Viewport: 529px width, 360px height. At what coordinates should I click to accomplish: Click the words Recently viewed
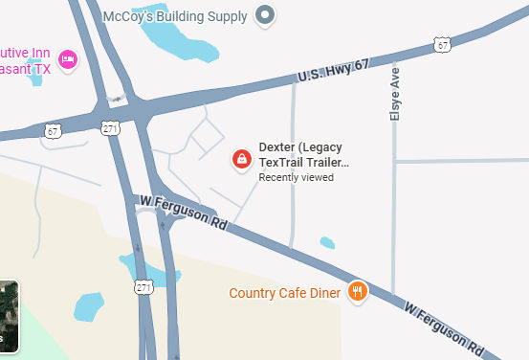point(296,177)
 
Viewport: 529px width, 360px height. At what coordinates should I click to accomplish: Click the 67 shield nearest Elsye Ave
point(440,44)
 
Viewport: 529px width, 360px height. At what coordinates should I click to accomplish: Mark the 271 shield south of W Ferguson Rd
point(143,287)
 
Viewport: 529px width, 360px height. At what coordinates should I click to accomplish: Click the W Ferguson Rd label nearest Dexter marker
point(183,211)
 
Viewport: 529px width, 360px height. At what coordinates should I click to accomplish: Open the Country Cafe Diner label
point(284,293)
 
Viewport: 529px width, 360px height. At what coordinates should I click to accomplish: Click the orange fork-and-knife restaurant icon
point(358,291)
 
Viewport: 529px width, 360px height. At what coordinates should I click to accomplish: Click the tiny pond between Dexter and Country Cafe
point(327,242)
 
